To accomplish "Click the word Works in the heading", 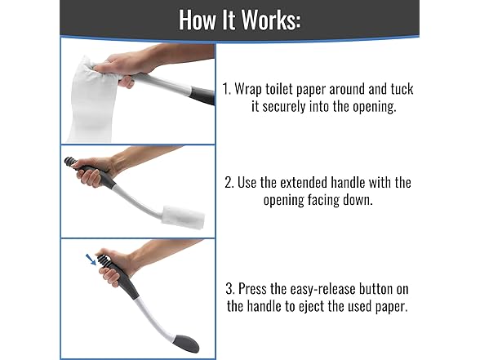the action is [272, 20].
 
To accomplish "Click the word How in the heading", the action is [198, 20].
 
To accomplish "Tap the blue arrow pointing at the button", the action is [91, 260].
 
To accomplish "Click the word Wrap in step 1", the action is [248, 90].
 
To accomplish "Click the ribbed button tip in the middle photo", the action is [70, 162].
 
